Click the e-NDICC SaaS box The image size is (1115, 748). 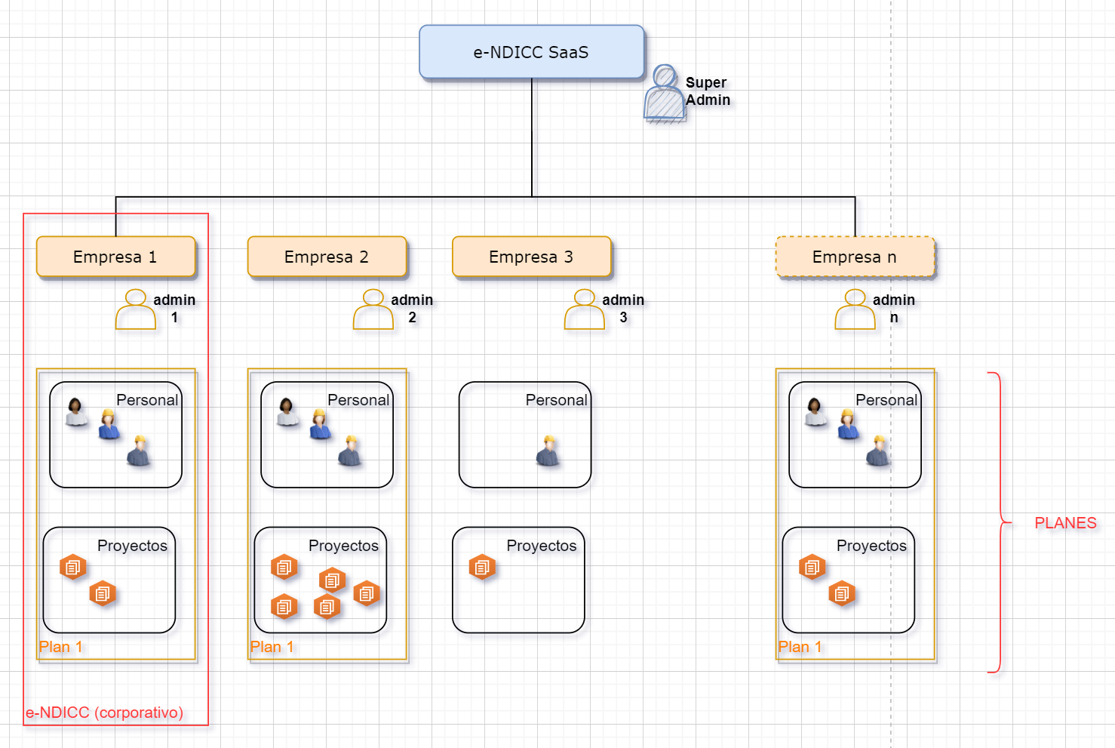tap(531, 52)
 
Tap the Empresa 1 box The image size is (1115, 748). tap(115, 257)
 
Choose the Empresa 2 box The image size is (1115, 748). tap(327, 257)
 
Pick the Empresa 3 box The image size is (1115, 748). tap(531, 257)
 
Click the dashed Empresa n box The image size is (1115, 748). tap(855, 257)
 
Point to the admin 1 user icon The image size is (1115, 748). tap(136, 309)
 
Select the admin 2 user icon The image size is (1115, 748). tap(373, 309)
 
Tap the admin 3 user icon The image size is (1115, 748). tap(585, 309)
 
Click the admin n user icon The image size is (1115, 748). tap(855, 309)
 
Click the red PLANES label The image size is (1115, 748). tap(1065, 523)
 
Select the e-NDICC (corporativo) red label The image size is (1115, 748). tap(104, 713)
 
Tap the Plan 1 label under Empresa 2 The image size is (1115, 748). tap(272, 647)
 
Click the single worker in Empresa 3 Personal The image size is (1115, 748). tap(548, 451)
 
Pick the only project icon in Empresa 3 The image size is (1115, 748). tap(482, 566)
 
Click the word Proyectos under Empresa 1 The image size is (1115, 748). tap(132, 546)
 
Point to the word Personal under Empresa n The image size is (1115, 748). tap(886, 400)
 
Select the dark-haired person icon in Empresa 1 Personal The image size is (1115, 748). tap(76, 412)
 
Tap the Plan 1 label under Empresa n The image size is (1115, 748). tap(800, 647)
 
